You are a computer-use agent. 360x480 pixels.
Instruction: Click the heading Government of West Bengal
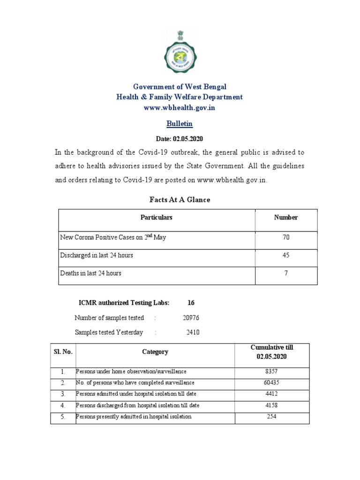pyautogui.click(x=180, y=87)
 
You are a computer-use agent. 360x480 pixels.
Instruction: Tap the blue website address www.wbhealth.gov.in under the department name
pyautogui.click(x=180, y=107)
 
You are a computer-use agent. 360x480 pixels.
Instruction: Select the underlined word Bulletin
pyautogui.click(x=180, y=124)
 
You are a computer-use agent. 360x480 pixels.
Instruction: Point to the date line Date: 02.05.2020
pyautogui.click(x=180, y=139)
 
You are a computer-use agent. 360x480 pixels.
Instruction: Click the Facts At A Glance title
pyautogui.click(x=180, y=200)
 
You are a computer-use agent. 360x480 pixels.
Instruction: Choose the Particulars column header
pyautogui.click(x=157, y=217)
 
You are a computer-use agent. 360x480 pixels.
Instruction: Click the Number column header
pyautogui.click(x=286, y=217)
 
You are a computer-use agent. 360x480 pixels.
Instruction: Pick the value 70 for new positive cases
pyautogui.click(x=286, y=238)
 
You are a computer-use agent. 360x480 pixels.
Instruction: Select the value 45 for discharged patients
pyautogui.click(x=286, y=255)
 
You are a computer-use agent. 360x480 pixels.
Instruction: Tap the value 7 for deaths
pyautogui.click(x=286, y=273)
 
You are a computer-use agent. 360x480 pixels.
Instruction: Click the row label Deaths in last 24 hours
pyautogui.click(x=91, y=273)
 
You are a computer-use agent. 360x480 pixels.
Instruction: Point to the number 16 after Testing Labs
pyautogui.click(x=191, y=303)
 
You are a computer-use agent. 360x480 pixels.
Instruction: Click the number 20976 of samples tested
pyautogui.click(x=191, y=318)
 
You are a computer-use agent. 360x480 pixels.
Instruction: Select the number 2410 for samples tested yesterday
pyautogui.click(x=193, y=332)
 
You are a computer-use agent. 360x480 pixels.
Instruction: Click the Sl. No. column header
pyautogui.click(x=63, y=352)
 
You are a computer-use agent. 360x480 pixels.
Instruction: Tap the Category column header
pyautogui.click(x=155, y=352)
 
